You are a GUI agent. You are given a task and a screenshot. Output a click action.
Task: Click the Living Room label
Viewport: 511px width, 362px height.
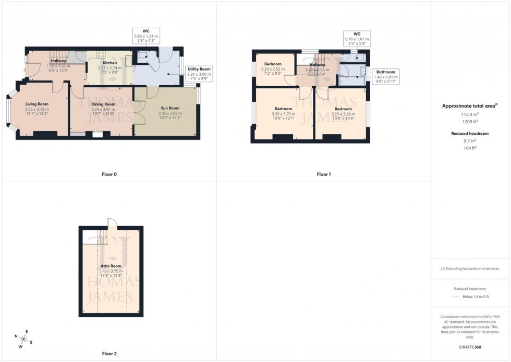[x=37, y=104]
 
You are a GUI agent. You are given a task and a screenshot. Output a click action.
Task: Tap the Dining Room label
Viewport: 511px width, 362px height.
[x=103, y=104]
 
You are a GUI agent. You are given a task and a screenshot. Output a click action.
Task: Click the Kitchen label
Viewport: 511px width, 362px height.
[x=110, y=63]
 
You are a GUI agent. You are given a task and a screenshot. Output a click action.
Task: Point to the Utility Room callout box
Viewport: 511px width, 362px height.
[x=199, y=75]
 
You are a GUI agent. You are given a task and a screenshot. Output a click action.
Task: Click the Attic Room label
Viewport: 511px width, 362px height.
[x=111, y=266]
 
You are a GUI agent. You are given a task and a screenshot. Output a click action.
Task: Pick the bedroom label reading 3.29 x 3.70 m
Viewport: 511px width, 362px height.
[x=283, y=109]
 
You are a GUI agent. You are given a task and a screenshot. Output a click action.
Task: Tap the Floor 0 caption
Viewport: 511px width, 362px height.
[x=109, y=174]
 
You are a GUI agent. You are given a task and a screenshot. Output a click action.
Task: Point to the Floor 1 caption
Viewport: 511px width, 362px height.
[x=323, y=174]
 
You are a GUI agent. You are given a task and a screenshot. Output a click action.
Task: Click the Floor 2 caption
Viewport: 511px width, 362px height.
[x=109, y=354]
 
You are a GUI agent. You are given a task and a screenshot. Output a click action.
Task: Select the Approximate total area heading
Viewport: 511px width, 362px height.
[x=470, y=106]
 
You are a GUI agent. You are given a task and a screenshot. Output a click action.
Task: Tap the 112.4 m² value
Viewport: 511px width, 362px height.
[x=470, y=114]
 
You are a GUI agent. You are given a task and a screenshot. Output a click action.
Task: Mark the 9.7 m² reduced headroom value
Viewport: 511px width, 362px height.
[x=470, y=141]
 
